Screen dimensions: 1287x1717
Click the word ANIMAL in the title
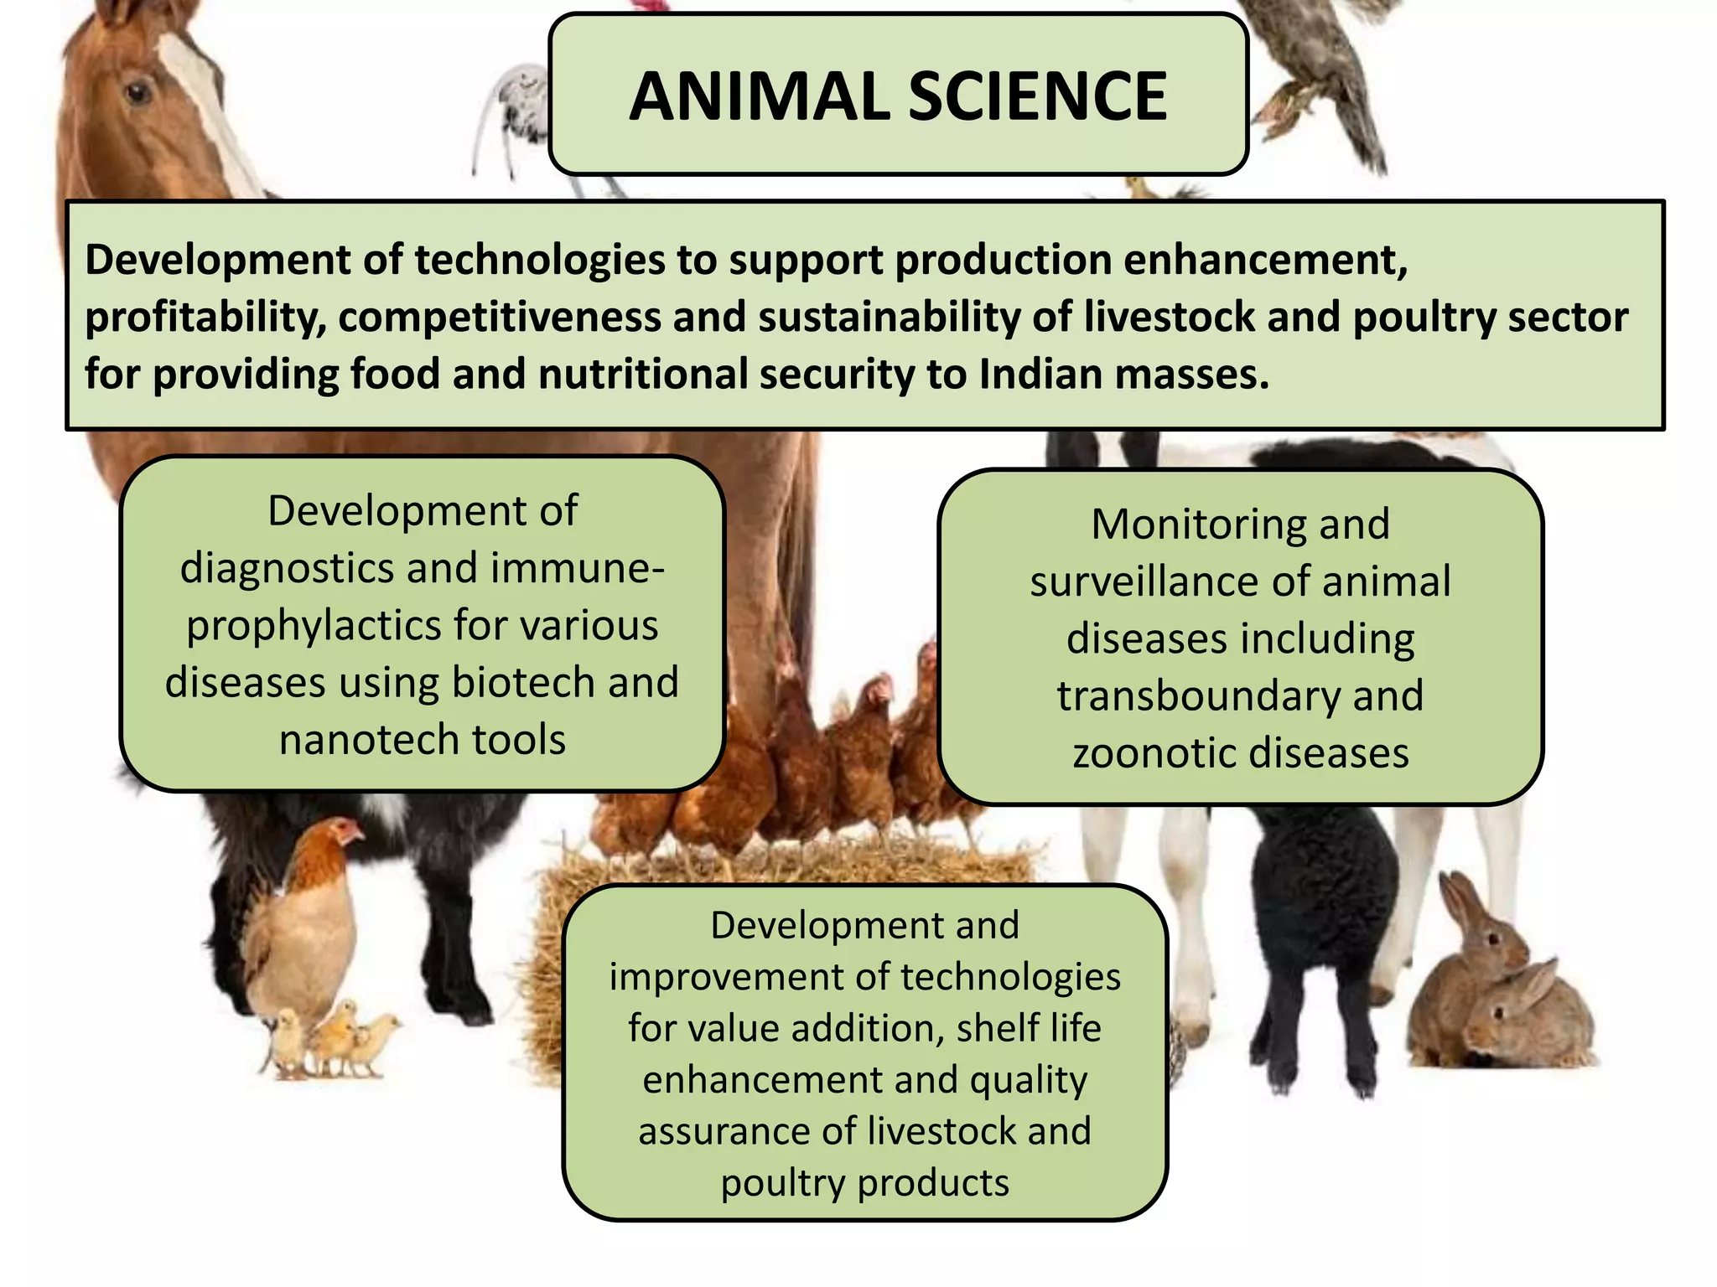pos(759,96)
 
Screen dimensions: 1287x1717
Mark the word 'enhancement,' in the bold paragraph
pos(1265,261)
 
